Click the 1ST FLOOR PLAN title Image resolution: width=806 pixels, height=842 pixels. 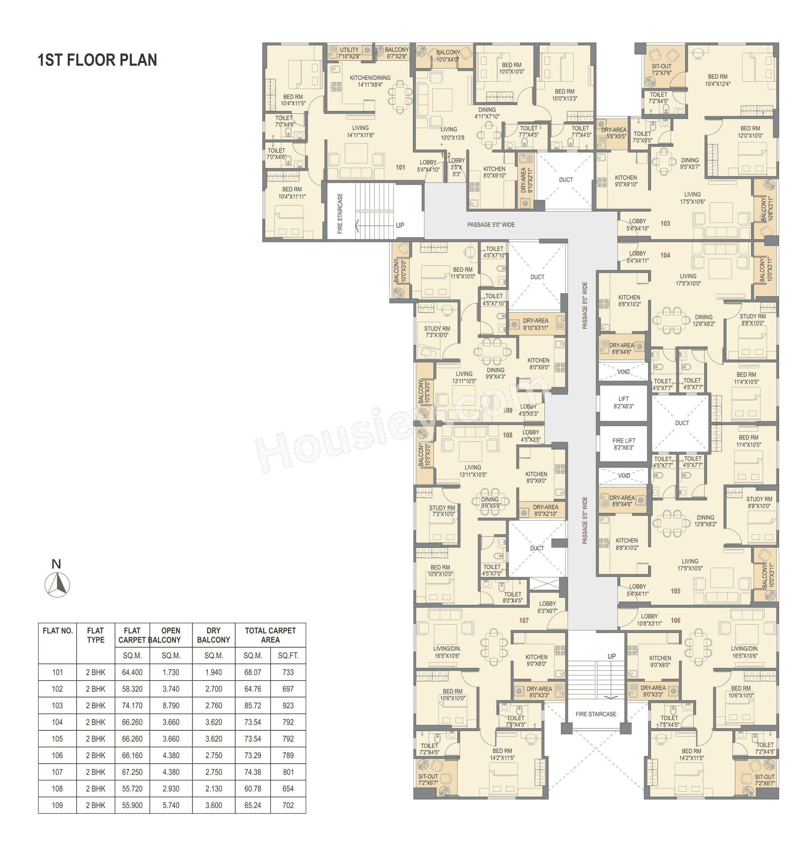click(x=97, y=60)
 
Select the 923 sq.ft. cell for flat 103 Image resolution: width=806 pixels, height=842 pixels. click(x=288, y=705)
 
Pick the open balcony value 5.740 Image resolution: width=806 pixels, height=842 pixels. click(x=171, y=805)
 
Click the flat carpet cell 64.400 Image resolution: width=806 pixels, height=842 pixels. click(x=132, y=673)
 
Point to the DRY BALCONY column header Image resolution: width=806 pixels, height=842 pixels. click(x=214, y=635)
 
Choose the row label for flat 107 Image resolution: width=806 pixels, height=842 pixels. click(x=57, y=772)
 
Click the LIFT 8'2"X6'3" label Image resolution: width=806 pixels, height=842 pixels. click(x=624, y=402)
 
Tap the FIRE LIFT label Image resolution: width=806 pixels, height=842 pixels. click(x=624, y=444)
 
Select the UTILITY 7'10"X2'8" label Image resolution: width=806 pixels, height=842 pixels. click(x=349, y=53)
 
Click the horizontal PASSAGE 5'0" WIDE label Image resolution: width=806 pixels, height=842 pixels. click(x=491, y=224)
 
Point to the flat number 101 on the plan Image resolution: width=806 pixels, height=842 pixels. click(x=400, y=167)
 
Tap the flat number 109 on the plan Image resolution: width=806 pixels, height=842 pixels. click(x=508, y=410)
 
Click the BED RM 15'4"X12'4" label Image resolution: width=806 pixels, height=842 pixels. click(x=717, y=80)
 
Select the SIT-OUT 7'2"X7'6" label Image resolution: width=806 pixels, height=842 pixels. click(x=661, y=70)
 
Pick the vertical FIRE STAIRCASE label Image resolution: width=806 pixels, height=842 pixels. click(x=340, y=213)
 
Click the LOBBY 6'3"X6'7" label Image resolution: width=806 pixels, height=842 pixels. click(x=547, y=607)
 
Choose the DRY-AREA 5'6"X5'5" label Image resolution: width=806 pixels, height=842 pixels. click(x=614, y=133)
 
